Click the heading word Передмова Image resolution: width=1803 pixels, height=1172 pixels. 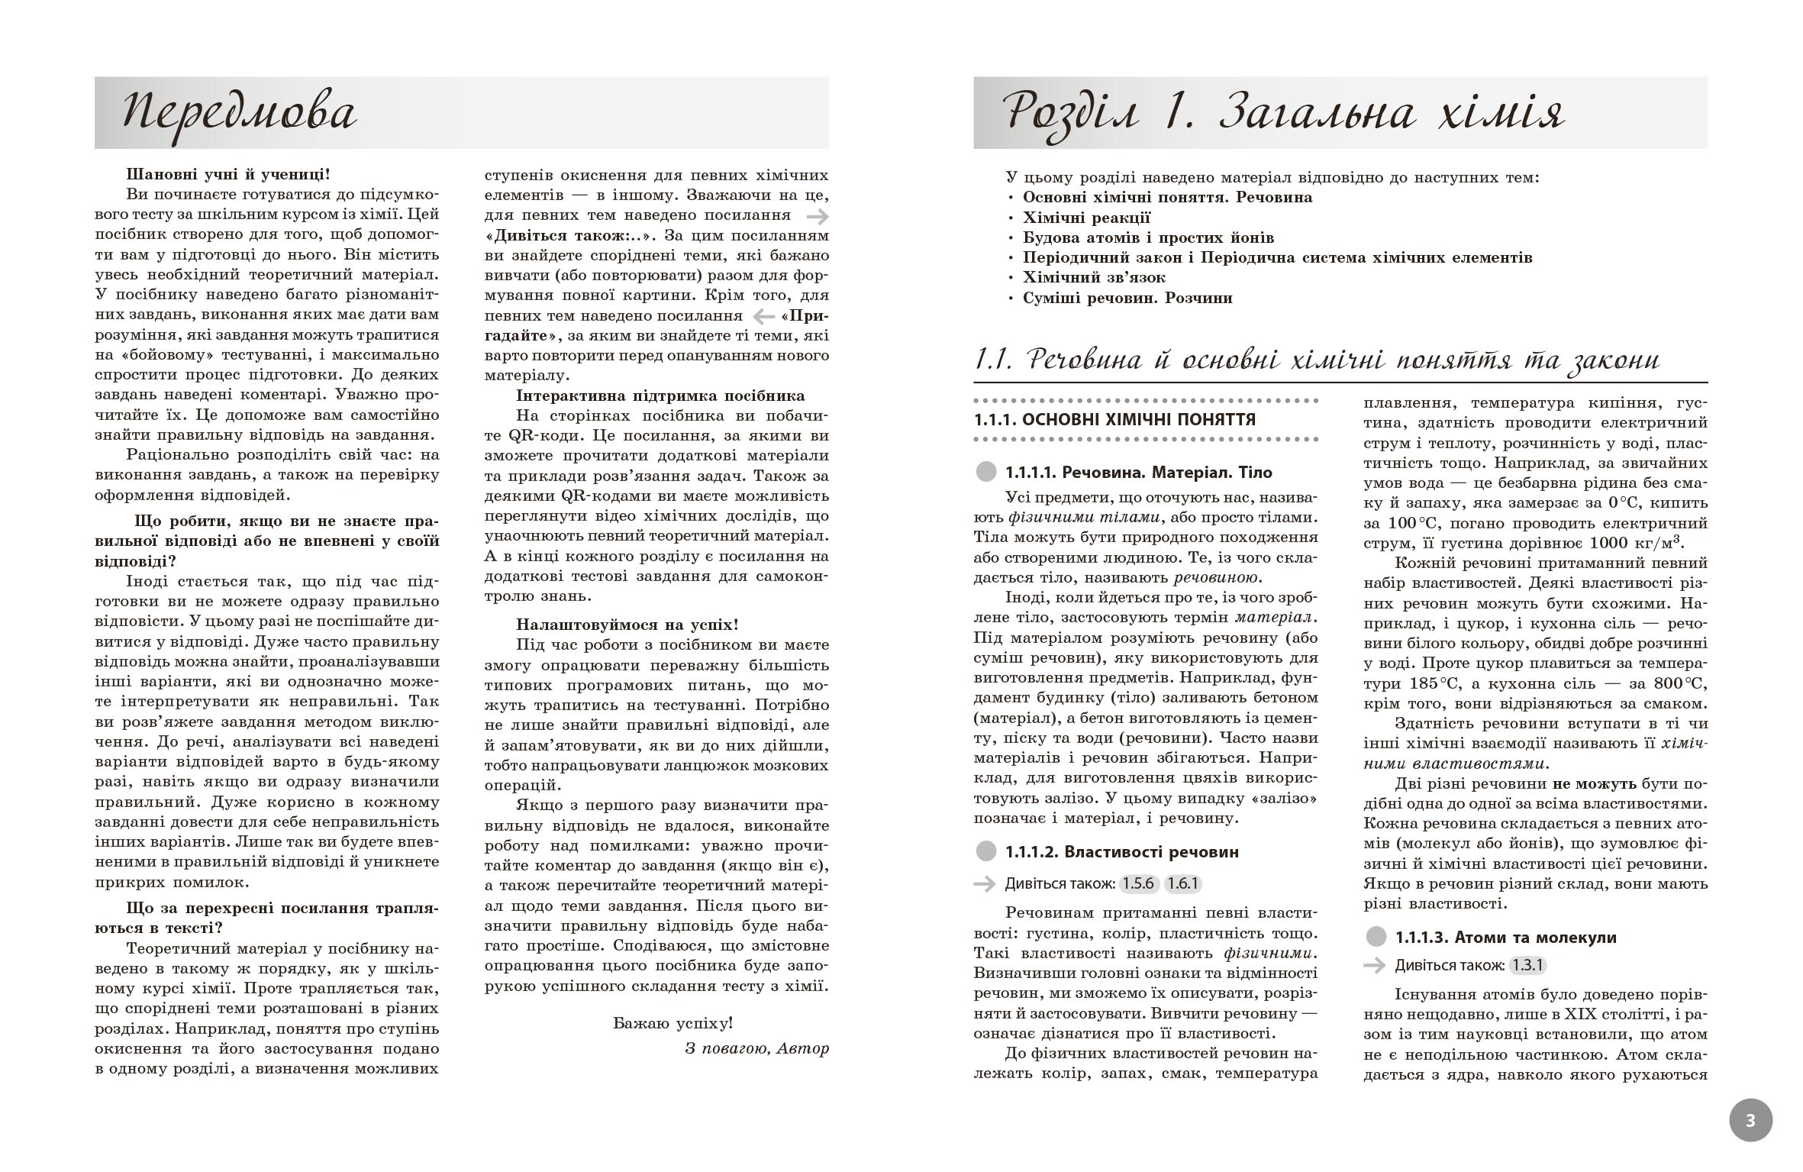point(239,113)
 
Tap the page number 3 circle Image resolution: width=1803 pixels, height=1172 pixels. point(1750,1121)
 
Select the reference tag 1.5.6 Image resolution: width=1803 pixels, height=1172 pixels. point(1139,884)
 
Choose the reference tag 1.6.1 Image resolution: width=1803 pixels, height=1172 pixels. point(1183,884)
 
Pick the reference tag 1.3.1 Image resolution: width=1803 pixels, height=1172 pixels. point(1528,965)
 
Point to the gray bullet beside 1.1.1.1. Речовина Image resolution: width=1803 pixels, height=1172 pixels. point(986,472)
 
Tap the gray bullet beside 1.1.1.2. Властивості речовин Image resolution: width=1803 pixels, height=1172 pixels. point(986,852)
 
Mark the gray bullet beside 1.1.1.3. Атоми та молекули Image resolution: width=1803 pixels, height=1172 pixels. point(1376,937)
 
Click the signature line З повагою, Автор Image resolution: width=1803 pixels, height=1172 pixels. point(756,1048)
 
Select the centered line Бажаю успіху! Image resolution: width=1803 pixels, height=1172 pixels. point(672,1023)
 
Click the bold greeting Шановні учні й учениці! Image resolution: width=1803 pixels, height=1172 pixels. point(228,174)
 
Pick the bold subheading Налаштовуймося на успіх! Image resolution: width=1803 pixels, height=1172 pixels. point(627,625)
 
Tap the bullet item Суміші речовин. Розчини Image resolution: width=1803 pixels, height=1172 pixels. point(1127,298)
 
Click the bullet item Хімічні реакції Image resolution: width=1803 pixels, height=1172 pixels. point(1085,217)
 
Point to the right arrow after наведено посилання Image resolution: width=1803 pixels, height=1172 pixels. point(817,216)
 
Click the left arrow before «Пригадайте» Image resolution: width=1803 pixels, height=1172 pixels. point(763,315)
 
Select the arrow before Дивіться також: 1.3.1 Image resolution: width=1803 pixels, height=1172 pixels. point(1374,965)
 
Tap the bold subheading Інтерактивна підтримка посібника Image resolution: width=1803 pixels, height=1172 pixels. point(660,396)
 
